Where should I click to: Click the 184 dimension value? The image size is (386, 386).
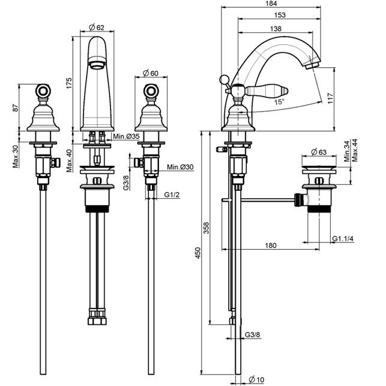[x=271, y=4]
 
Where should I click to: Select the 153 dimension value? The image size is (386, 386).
[x=280, y=15]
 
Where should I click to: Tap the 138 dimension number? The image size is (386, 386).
[x=276, y=29]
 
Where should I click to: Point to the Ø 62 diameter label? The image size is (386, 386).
[x=97, y=28]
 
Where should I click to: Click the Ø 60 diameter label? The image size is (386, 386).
[x=151, y=73]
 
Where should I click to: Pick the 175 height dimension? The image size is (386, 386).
[x=69, y=83]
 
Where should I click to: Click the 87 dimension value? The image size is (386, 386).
[x=15, y=107]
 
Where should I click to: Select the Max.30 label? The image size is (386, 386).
[x=15, y=157]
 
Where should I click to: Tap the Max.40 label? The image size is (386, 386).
[x=69, y=160]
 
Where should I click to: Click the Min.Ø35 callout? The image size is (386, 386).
[x=126, y=136]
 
